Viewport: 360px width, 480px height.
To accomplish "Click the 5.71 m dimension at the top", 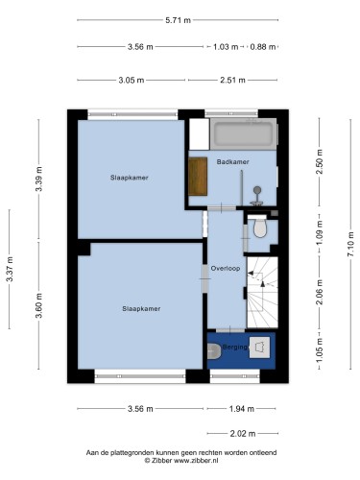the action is pos(178,20).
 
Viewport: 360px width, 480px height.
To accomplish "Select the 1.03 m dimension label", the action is pos(226,47).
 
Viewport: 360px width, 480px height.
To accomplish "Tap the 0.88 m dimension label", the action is pos(263,47).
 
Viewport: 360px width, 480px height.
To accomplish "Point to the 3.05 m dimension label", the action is pos(132,80).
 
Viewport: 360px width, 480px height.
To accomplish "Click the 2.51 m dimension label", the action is pos(232,80).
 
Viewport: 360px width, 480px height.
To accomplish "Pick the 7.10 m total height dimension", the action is pos(351,244).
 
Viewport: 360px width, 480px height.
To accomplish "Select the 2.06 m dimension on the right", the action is pos(319,292).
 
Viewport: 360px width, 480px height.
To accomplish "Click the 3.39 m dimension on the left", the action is pos(38,179).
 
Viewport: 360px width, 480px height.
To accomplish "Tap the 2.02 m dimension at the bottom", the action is pos(243,434).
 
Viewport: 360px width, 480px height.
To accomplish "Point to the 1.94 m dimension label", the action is pos(242,409).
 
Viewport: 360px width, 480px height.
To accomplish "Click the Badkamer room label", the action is pos(232,162).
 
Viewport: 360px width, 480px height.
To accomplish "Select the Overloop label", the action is pos(226,269).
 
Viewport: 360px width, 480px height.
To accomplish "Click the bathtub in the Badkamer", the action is pos(244,133).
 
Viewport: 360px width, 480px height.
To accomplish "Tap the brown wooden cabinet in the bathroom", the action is pos(198,176).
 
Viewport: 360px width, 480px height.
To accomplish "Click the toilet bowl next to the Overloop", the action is pos(259,227).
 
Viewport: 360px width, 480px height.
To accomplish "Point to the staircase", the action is pos(262,292).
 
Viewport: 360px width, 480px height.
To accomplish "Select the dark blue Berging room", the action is pos(241,350).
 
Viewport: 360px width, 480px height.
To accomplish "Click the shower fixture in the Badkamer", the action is pos(257,196).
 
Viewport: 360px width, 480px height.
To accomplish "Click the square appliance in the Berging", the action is pos(259,348).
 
